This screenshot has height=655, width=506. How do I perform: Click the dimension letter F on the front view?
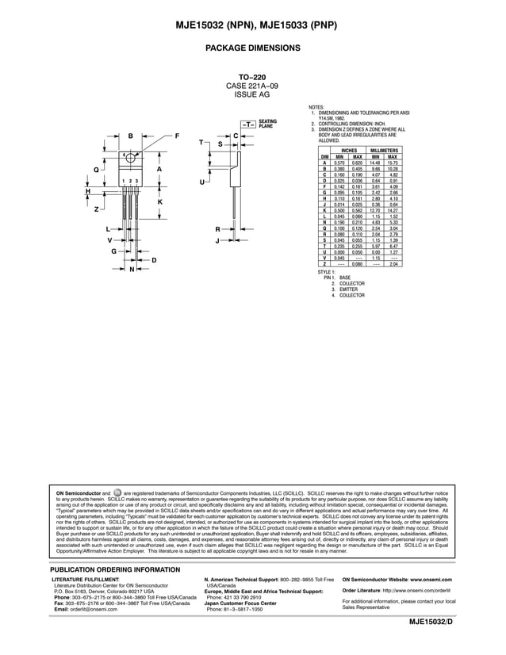point(177,136)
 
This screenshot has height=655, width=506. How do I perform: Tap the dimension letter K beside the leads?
point(160,202)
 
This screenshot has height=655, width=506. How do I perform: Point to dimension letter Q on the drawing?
point(96,170)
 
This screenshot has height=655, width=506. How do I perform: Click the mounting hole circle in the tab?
point(131,155)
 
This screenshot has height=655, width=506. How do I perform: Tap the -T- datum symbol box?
point(248,124)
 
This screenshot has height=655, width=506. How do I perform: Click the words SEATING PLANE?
point(267,124)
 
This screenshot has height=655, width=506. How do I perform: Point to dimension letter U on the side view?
point(202,182)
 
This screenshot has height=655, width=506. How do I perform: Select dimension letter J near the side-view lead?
point(217,240)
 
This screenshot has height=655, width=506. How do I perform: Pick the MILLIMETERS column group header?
point(384,151)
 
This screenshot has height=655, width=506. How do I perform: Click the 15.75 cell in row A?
point(393,163)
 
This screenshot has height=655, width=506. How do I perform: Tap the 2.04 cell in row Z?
point(393,263)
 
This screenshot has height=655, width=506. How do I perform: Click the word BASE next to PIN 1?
point(345,278)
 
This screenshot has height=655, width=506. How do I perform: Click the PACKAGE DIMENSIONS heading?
point(252,48)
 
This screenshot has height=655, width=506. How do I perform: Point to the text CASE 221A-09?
point(252,85)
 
